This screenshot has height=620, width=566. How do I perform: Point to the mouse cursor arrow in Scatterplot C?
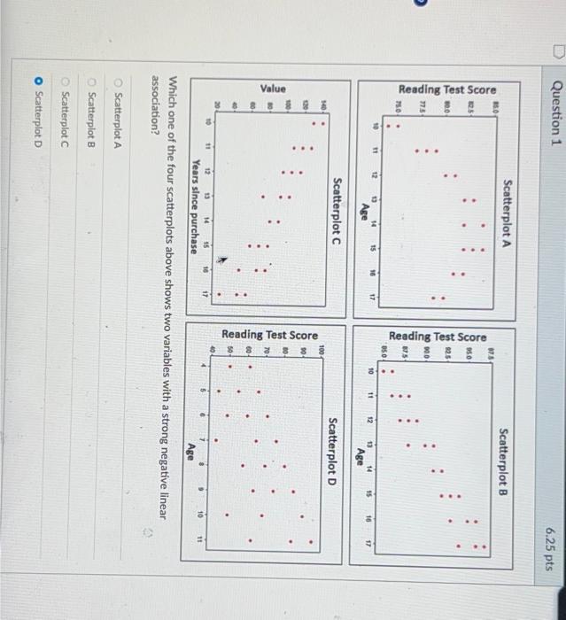(221, 260)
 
